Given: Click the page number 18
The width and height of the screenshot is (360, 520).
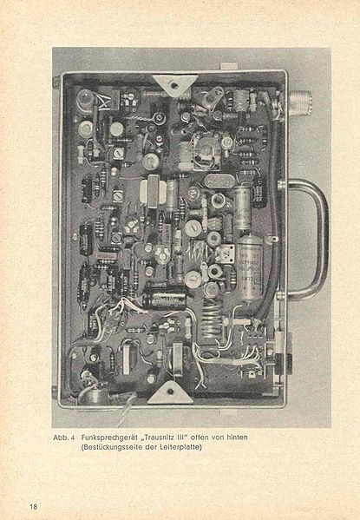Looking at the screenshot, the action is [x=34, y=507].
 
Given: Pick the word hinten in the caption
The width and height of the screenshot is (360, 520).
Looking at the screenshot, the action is [x=237, y=438].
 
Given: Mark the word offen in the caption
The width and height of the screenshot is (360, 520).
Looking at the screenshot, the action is [x=200, y=438].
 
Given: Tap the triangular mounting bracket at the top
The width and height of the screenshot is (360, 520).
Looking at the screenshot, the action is [x=174, y=85].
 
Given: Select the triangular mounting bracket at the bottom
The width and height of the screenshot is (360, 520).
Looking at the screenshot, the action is [x=170, y=393].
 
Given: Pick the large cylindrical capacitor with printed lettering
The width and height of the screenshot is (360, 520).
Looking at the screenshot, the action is [x=250, y=268].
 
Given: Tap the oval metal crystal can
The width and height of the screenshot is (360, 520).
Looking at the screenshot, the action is [x=219, y=180].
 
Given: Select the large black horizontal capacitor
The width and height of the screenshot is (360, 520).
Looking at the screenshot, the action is [x=164, y=299].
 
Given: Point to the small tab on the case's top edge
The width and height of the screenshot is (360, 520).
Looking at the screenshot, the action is [x=228, y=67].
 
